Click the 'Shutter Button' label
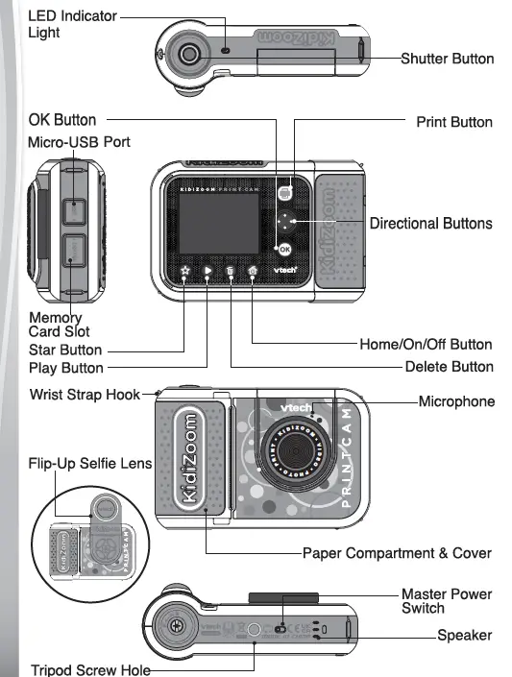pyautogui.click(x=447, y=59)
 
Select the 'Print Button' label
pyautogui.click(x=453, y=122)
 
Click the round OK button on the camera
pyautogui.click(x=283, y=249)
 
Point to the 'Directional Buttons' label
pyautogui.click(x=430, y=223)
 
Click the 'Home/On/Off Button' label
pyautogui.click(x=426, y=344)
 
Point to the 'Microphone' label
pyautogui.click(x=456, y=400)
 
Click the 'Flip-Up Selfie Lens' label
pyautogui.click(x=89, y=464)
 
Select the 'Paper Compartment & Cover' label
pyautogui.click(x=397, y=553)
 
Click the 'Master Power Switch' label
pyautogui.click(x=446, y=601)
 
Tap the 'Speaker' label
pyautogui.click(x=465, y=635)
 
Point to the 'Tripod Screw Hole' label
pyautogui.click(x=90, y=669)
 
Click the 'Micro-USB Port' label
pyautogui.click(x=79, y=142)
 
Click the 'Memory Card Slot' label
pyautogui.click(x=56, y=325)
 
